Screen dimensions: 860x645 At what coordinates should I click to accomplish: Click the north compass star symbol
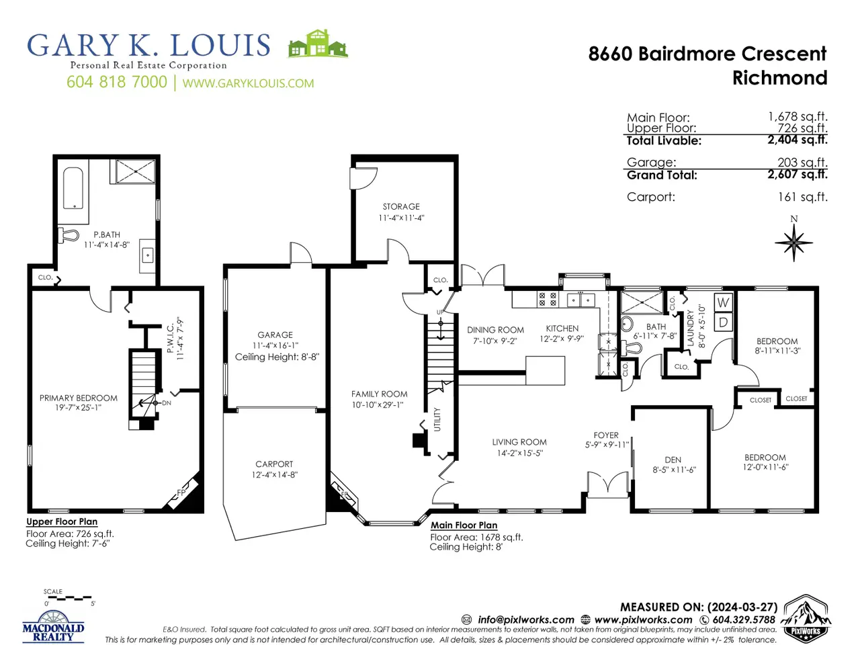point(793,243)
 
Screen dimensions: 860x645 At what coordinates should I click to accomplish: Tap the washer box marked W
point(723,302)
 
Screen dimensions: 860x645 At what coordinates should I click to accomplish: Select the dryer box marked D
point(723,322)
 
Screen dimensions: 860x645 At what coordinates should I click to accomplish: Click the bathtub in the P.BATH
point(73,188)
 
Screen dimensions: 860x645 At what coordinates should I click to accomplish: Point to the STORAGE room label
point(401,206)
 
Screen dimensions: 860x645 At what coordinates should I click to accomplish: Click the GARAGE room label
point(275,335)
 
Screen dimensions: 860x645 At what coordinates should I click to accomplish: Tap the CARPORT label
point(274,464)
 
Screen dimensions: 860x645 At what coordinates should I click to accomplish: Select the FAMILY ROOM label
point(379,394)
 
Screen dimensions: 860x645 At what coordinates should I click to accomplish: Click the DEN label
point(673,460)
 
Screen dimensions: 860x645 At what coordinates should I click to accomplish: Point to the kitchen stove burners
point(548,299)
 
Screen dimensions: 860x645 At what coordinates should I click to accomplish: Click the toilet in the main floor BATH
point(632,348)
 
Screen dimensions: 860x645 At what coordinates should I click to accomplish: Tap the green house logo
point(318,44)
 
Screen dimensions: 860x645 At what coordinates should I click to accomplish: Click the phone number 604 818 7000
point(117,82)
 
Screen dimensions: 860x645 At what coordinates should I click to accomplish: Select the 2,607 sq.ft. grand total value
point(798,174)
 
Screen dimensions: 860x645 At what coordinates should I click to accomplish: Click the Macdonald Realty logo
point(53,627)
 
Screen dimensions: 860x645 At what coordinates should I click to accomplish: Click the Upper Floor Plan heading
point(62,521)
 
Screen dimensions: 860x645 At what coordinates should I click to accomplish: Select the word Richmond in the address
point(779,77)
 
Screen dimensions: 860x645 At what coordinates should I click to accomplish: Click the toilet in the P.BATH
point(69,235)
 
